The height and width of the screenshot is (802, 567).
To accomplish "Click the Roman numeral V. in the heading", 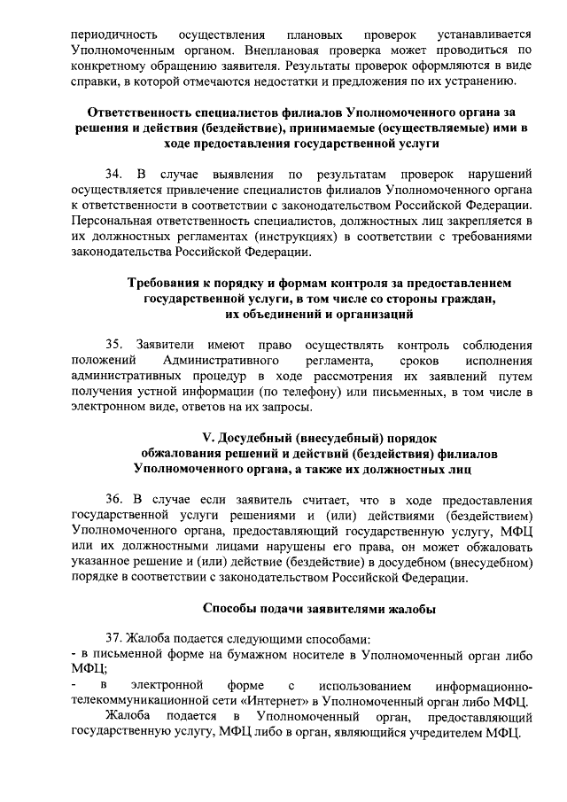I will point(210,438).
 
